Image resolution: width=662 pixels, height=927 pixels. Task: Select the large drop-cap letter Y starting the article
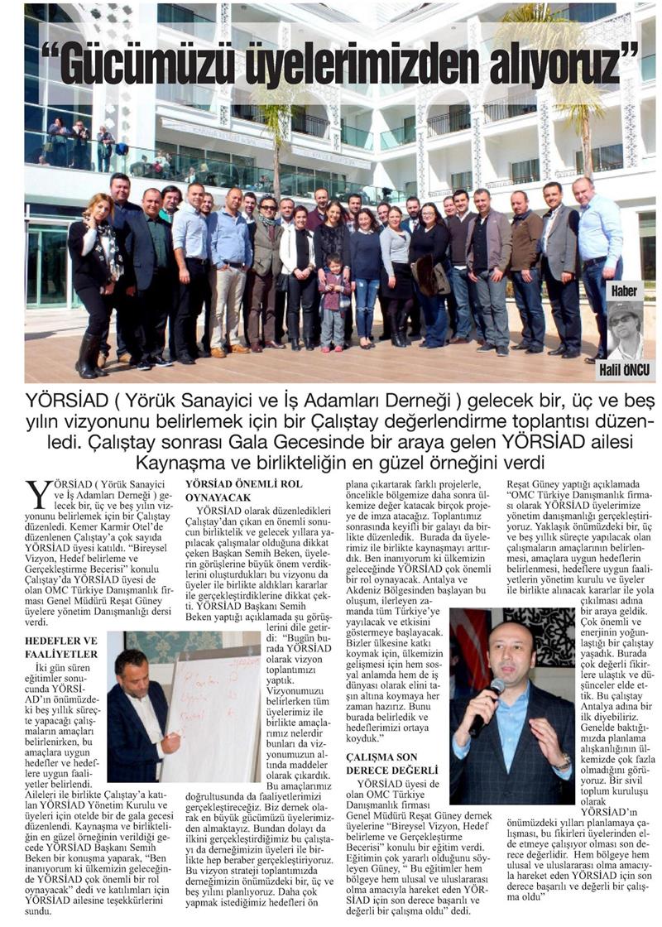tap(38, 496)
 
